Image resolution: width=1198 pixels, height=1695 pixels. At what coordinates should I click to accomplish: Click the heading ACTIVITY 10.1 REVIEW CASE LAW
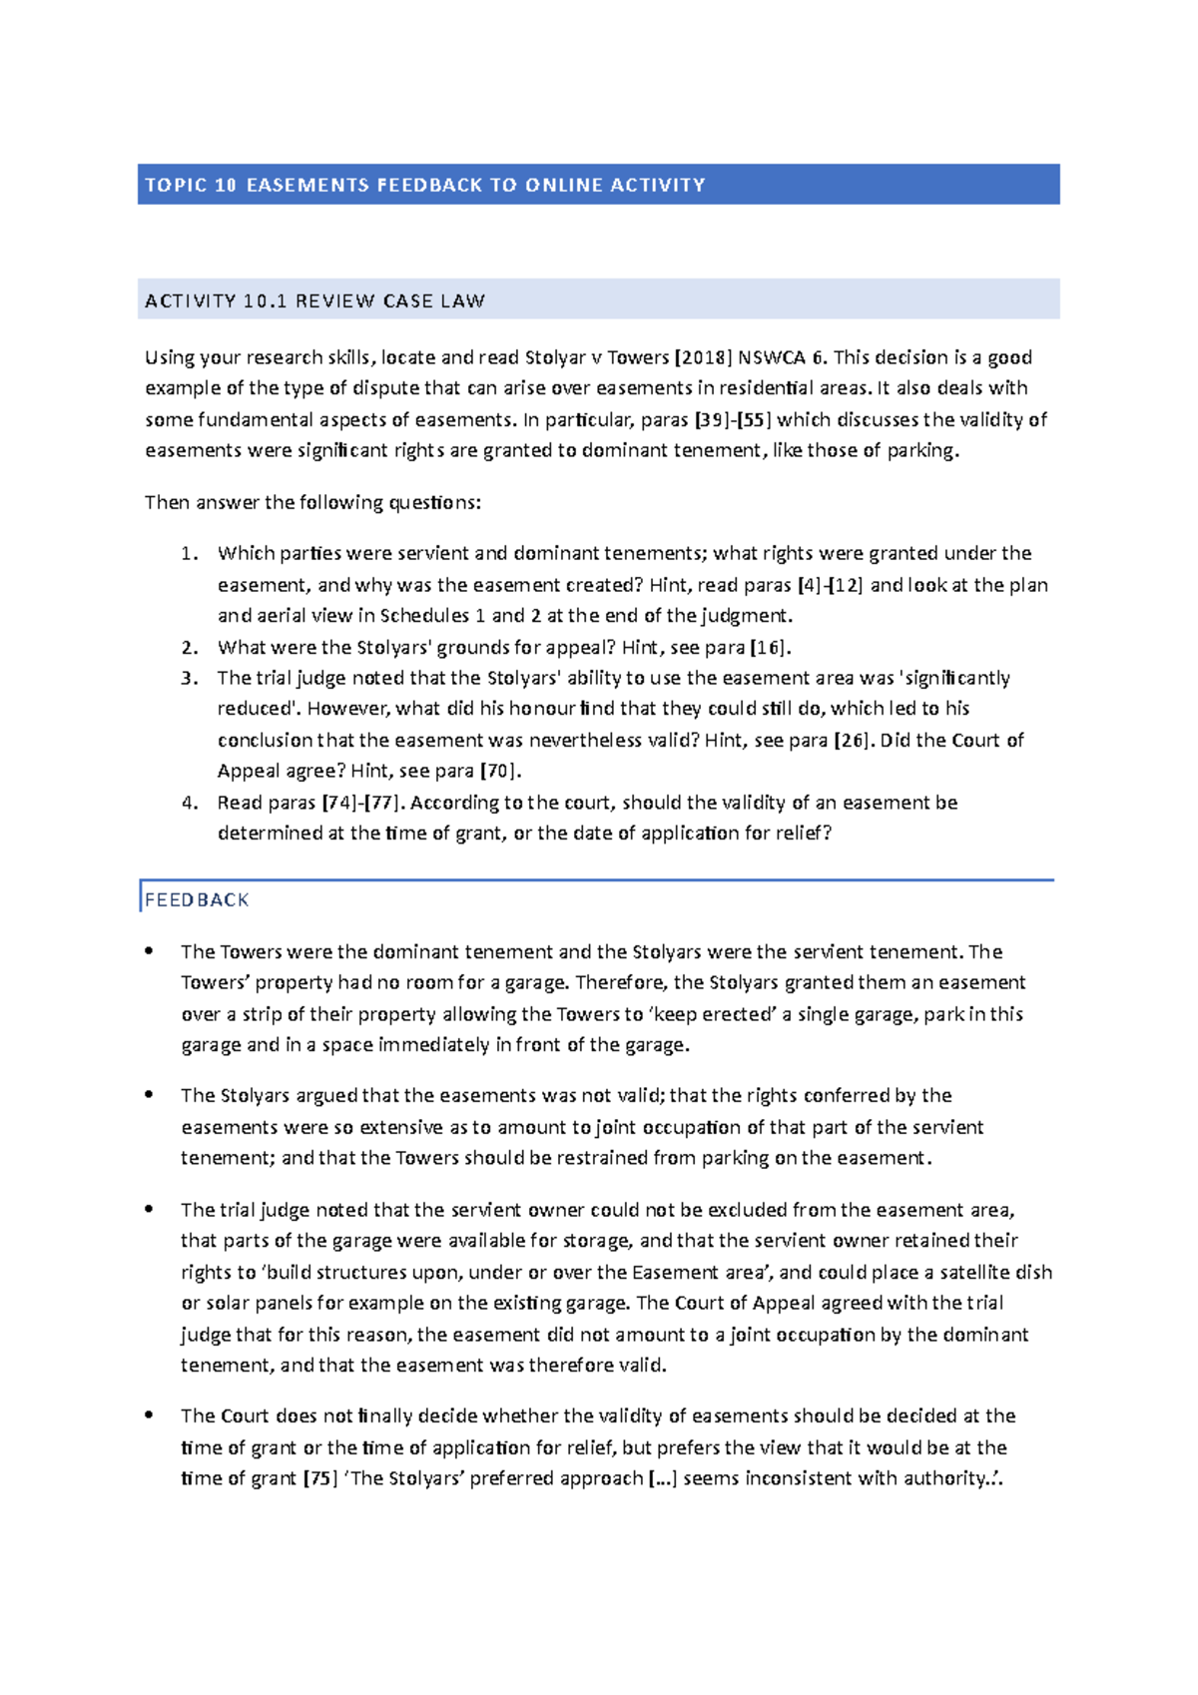pos(314,300)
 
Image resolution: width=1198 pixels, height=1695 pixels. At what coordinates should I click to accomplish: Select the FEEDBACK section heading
pos(197,899)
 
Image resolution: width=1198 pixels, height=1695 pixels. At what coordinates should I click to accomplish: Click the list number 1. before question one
pos(190,553)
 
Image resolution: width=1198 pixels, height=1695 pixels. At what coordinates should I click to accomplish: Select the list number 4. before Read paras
pos(190,803)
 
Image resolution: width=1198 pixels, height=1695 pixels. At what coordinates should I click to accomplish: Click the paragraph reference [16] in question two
pos(769,647)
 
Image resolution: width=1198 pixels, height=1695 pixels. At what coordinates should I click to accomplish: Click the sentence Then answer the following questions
pos(312,502)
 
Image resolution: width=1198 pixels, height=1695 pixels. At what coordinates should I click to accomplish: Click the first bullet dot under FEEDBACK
pos(149,951)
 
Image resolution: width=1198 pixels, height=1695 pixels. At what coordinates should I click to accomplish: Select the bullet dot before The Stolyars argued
pos(149,1095)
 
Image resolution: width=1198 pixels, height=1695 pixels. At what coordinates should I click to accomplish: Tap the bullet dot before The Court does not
pos(149,1415)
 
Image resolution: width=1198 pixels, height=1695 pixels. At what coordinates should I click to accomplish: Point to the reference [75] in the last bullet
pos(319,1478)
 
